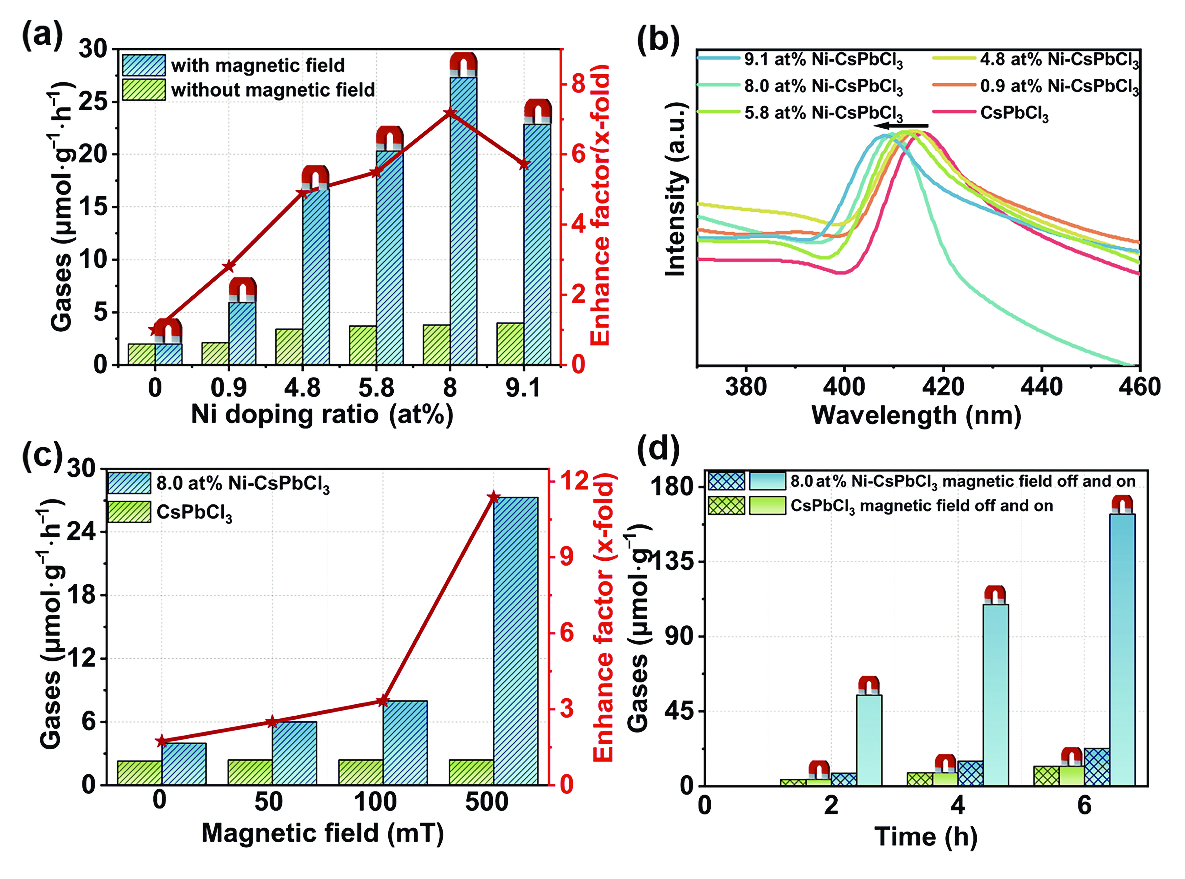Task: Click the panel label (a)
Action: tap(41, 36)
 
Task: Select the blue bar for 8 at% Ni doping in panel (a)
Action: tap(463, 221)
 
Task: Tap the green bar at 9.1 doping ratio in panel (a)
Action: tap(510, 343)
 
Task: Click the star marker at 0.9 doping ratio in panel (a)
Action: tap(229, 266)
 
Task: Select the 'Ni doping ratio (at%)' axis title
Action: tap(322, 414)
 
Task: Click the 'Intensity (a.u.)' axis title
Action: tap(676, 189)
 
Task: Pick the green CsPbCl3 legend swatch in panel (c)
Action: tap(129, 512)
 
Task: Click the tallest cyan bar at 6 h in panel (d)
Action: tap(1122, 649)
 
